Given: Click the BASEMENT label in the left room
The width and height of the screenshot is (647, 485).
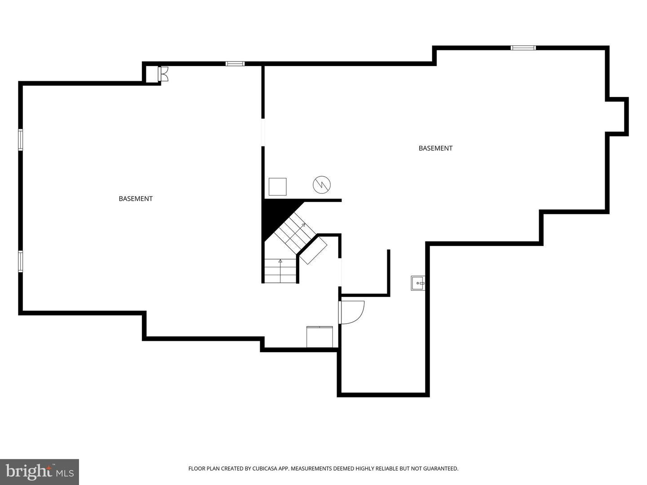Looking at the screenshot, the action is coord(136,199).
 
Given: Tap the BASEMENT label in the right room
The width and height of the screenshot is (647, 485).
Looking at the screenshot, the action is coord(435,148).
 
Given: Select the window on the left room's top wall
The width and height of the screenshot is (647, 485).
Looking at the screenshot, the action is coord(235,64).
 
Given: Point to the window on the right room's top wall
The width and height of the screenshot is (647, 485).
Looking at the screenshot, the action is coord(523,48).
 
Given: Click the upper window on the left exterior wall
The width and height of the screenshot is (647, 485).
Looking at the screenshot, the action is coord(20,140).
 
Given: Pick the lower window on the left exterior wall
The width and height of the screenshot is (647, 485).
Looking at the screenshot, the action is coord(20,261).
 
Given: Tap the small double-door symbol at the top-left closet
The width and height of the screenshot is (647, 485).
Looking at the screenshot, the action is coord(163,74).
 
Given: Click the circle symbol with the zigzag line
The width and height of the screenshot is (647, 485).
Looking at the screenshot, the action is coord(322,185).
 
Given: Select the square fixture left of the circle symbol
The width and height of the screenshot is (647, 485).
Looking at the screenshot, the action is coord(277,187).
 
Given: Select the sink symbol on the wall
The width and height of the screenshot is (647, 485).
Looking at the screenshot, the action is coord(418,283).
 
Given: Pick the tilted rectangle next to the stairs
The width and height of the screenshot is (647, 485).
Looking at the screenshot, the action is coord(313,251).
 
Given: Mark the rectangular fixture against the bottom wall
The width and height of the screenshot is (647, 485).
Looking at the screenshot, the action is coord(319,337).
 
